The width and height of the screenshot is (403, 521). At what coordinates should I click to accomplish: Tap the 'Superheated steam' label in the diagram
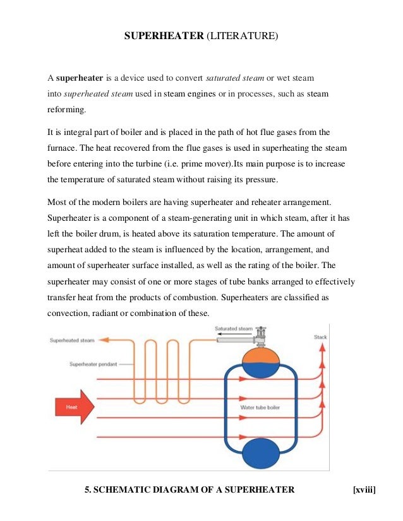72,340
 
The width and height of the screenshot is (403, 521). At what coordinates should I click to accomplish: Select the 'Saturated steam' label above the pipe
233,329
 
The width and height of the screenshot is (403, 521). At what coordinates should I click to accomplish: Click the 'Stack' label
320,337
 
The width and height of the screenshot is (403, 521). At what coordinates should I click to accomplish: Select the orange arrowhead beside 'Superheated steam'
104,340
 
